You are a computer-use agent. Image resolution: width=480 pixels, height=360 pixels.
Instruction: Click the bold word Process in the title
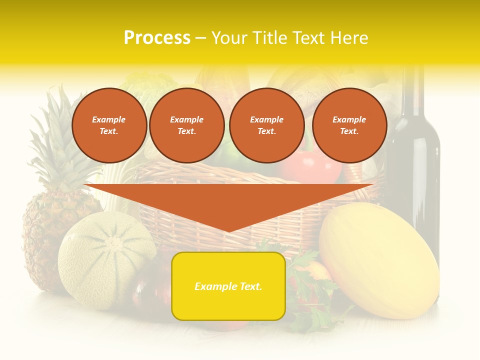tap(156, 38)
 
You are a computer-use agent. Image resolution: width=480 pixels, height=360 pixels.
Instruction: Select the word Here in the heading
tap(350, 38)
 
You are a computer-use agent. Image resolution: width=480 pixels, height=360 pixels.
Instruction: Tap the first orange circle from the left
tap(109, 125)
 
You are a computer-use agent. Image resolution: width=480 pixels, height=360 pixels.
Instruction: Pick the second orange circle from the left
tap(186, 125)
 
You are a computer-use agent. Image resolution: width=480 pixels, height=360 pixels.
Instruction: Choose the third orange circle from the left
tap(266, 125)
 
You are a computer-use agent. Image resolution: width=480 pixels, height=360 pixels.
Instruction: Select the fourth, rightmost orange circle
tap(349, 125)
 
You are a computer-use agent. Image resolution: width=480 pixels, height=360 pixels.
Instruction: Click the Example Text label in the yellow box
tap(228, 286)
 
